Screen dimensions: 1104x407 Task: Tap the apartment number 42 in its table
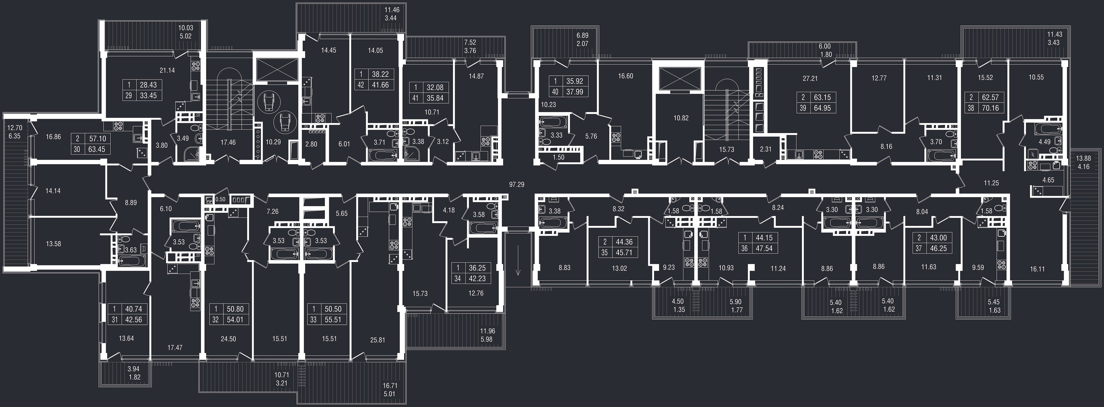361,85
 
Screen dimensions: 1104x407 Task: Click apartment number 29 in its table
129,95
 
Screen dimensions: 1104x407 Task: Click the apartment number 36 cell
744,248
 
